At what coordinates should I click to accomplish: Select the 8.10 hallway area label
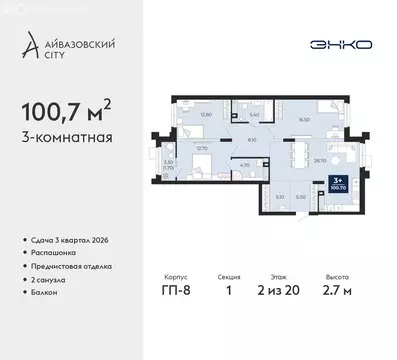click(x=226, y=141)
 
